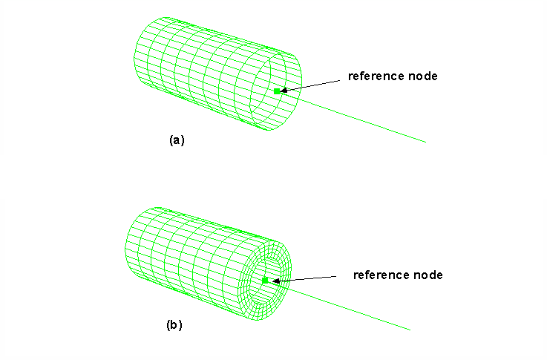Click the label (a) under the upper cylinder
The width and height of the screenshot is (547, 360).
[x=177, y=140]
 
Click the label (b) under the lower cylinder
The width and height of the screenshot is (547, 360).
[x=174, y=324]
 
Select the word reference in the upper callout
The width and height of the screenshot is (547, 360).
[x=374, y=76]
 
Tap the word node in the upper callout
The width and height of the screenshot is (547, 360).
[x=423, y=76]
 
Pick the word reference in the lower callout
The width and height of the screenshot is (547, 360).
[x=379, y=275]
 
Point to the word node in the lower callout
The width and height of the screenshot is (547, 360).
[x=428, y=275]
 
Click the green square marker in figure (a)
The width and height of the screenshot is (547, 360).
[x=277, y=91]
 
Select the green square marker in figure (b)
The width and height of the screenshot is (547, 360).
[x=265, y=280]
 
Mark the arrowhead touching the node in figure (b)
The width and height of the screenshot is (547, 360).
[x=275, y=281]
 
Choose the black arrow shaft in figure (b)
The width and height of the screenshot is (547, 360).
[x=312, y=278]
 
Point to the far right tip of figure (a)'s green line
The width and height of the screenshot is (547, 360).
[x=425, y=141]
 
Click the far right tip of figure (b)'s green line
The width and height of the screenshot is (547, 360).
[x=410, y=330]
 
